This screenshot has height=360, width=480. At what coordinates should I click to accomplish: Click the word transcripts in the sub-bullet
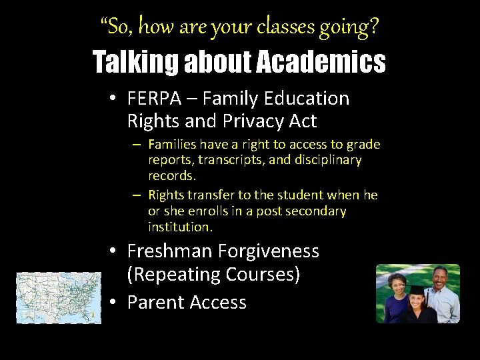pos(227,161)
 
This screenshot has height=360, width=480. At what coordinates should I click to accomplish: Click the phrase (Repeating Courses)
pos(213,275)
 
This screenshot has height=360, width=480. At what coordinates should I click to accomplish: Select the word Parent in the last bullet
pos(156,302)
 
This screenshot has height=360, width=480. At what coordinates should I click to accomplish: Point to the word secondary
pos(314,211)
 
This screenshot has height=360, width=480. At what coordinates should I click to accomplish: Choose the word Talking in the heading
pos(135,62)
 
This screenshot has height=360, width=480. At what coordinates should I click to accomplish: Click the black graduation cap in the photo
pos(417,291)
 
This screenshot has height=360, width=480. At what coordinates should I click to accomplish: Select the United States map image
pos(59,297)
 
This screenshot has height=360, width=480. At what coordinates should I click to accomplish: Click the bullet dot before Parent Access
pos(114,302)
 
